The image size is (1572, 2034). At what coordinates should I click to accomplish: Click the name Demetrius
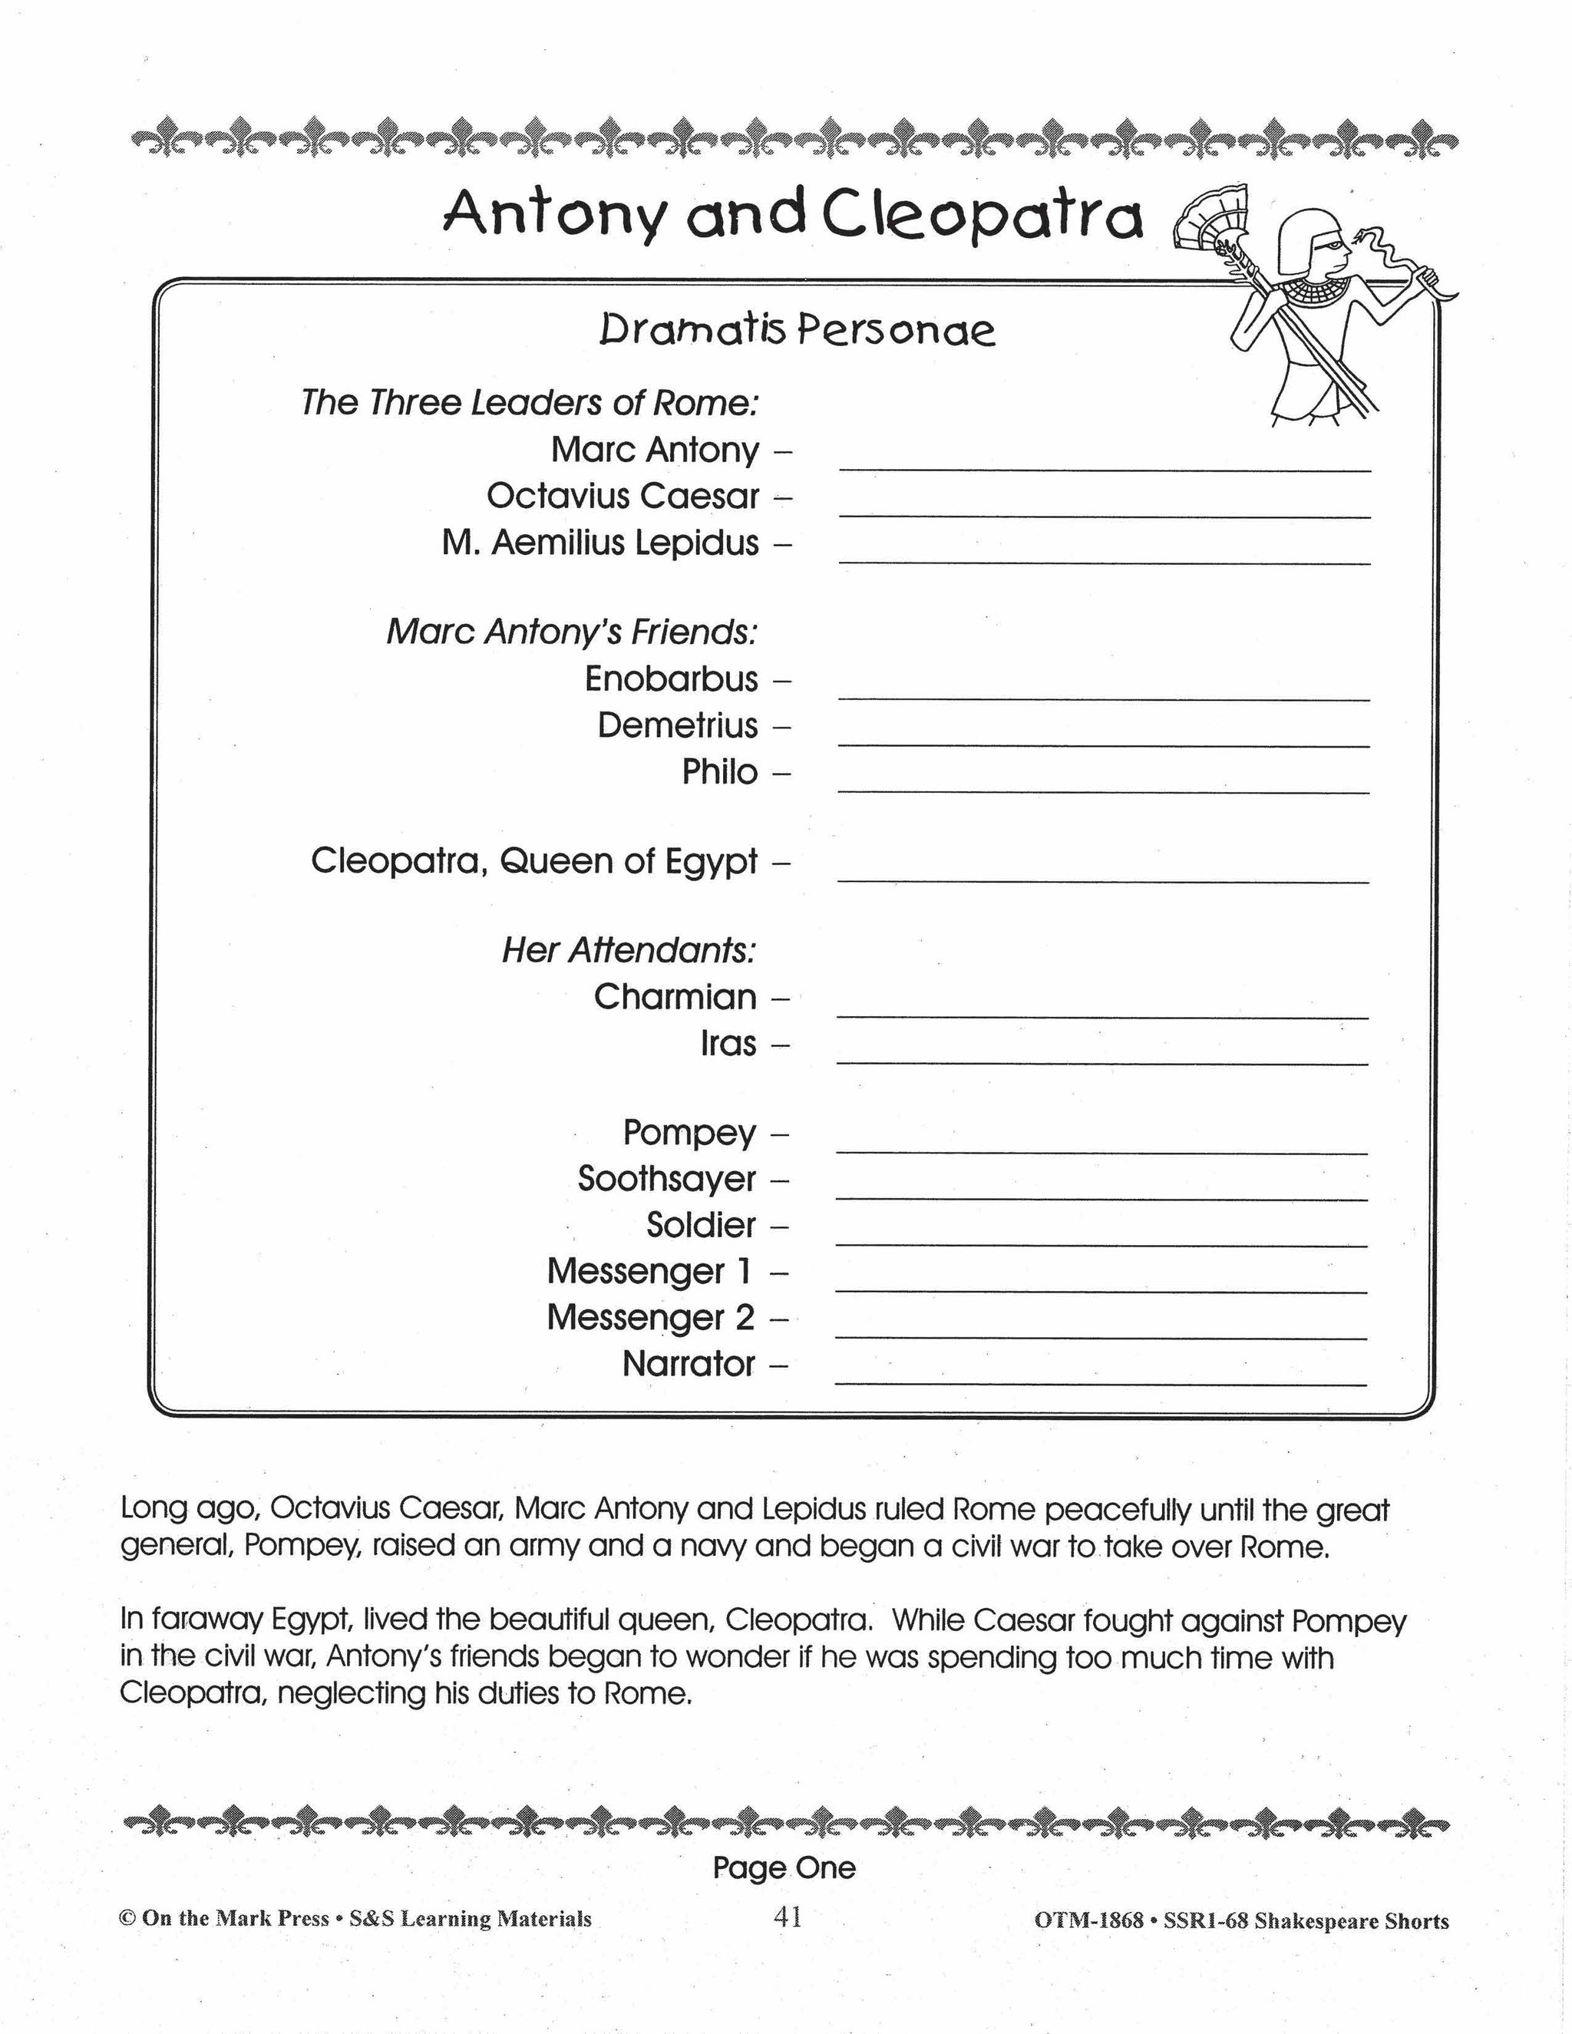[x=678, y=725]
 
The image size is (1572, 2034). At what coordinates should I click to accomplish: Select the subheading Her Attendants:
[x=629, y=951]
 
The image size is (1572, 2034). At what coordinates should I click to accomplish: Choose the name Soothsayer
[x=667, y=1179]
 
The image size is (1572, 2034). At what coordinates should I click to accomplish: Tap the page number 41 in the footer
[x=787, y=1917]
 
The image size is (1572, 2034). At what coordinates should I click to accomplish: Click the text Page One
[x=784, y=1867]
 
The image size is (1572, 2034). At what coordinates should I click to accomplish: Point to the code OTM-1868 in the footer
[x=1088, y=1920]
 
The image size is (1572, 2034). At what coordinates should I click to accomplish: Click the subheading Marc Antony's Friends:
[x=572, y=632]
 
